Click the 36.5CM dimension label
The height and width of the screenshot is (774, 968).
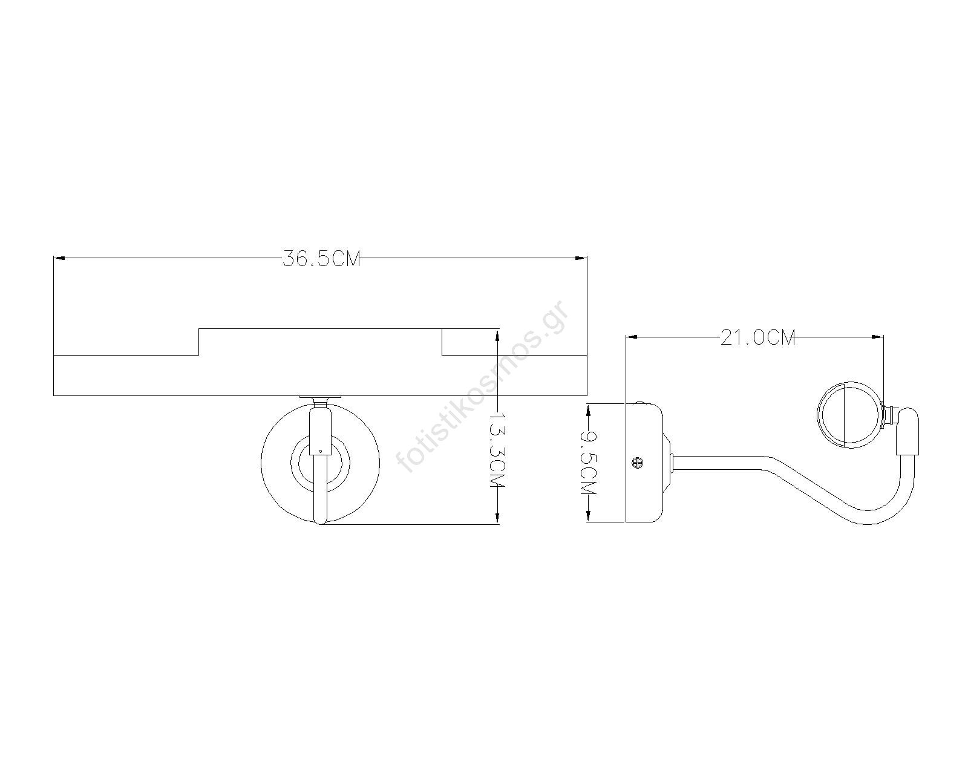pyautogui.click(x=321, y=259)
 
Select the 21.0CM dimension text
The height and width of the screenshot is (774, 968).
pyautogui.click(x=758, y=337)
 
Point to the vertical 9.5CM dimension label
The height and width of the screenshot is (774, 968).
pyautogui.click(x=588, y=463)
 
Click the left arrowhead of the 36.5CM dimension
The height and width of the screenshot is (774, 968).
pyautogui.click(x=59, y=258)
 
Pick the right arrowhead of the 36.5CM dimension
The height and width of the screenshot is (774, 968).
pyautogui.click(x=581, y=258)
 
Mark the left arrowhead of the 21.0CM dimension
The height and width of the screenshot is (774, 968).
pyautogui.click(x=632, y=336)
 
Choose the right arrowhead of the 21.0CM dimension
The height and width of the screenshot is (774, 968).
pyautogui.click(x=878, y=336)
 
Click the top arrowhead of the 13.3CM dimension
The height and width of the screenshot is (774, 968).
pyautogui.click(x=497, y=335)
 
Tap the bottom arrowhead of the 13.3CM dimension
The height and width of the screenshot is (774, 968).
pyautogui.click(x=497, y=518)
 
